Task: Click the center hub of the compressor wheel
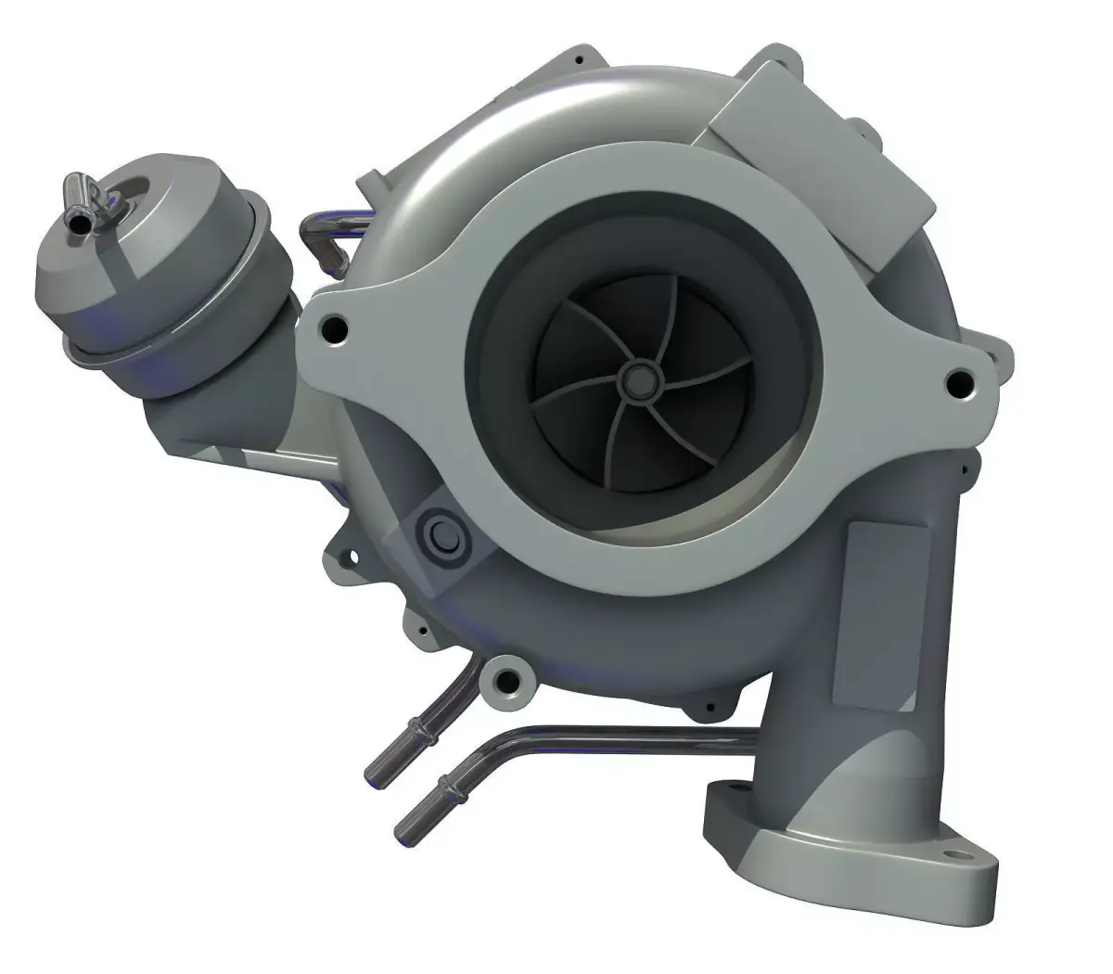pos(638,378)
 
